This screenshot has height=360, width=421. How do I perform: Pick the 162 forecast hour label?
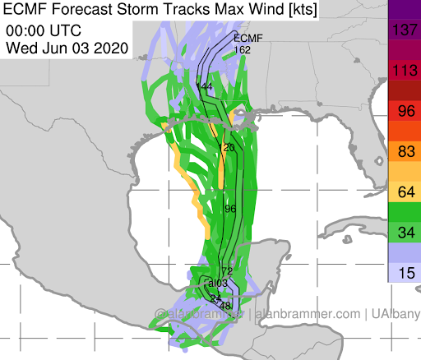click(242, 50)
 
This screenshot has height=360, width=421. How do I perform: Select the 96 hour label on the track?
click(230, 209)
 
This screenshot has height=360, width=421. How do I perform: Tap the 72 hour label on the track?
click(228, 272)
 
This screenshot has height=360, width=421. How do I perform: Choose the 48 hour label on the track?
click(225, 306)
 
